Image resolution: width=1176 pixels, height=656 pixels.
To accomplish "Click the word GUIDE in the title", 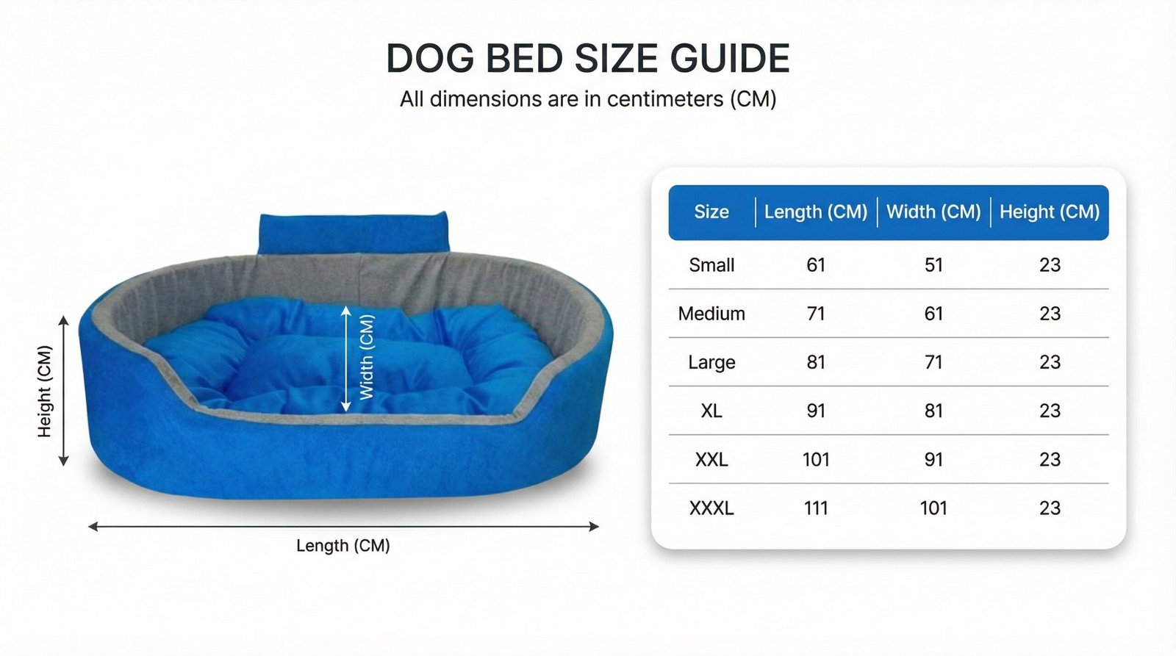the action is tap(730, 58).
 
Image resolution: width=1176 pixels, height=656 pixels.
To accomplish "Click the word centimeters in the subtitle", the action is tap(664, 98).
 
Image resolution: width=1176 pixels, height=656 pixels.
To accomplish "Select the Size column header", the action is tap(711, 212).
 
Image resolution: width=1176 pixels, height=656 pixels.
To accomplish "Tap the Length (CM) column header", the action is tap(815, 212).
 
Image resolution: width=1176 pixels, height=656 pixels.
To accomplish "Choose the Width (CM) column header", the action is tap(933, 212).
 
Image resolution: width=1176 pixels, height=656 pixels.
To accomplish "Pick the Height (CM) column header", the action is tap(1050, 212).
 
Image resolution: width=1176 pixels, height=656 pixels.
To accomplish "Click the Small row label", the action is tap(711, 265).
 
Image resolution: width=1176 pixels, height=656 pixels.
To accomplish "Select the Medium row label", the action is tap(711, 314).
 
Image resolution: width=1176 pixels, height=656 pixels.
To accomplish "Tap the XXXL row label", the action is tap(711, 508).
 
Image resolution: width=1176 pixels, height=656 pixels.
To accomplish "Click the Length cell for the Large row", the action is tap(816, 362).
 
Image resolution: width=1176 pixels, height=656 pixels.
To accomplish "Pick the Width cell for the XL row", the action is tap(933, 411).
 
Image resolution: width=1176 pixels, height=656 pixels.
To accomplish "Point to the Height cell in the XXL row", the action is tap(1050, 460).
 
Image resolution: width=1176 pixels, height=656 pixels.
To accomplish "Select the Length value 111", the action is tap(816, 508).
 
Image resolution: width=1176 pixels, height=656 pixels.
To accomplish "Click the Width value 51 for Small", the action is tap(933, 265).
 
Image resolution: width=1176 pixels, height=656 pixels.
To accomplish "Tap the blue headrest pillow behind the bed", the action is tap(354, 233).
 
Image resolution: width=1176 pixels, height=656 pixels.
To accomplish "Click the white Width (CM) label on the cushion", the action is tap(367, 357).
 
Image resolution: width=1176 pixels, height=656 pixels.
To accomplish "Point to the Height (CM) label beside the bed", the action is tap(45, 392).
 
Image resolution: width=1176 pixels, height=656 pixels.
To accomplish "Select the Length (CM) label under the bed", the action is tap(343, 546).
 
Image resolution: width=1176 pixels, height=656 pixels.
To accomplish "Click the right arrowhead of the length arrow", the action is tap(594, 527).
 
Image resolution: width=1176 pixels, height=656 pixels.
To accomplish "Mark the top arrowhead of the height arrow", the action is tap(63, 320).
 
